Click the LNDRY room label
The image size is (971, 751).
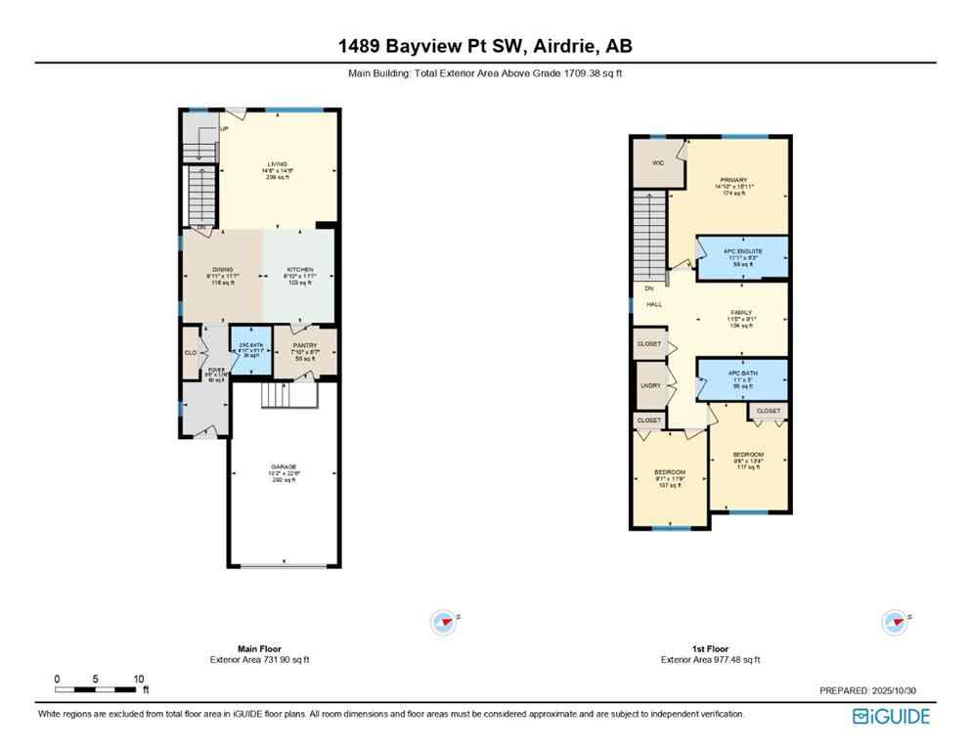tap(650, 385)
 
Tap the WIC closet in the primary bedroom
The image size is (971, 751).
tap(658, 162)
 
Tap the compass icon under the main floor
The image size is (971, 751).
tap(444, 621)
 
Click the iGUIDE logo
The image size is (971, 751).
tap(891, 717)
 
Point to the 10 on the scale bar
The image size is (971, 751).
tap(139, 679)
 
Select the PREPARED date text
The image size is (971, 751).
tap(867, 690)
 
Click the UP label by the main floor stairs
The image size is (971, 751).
tap(224, 129)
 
